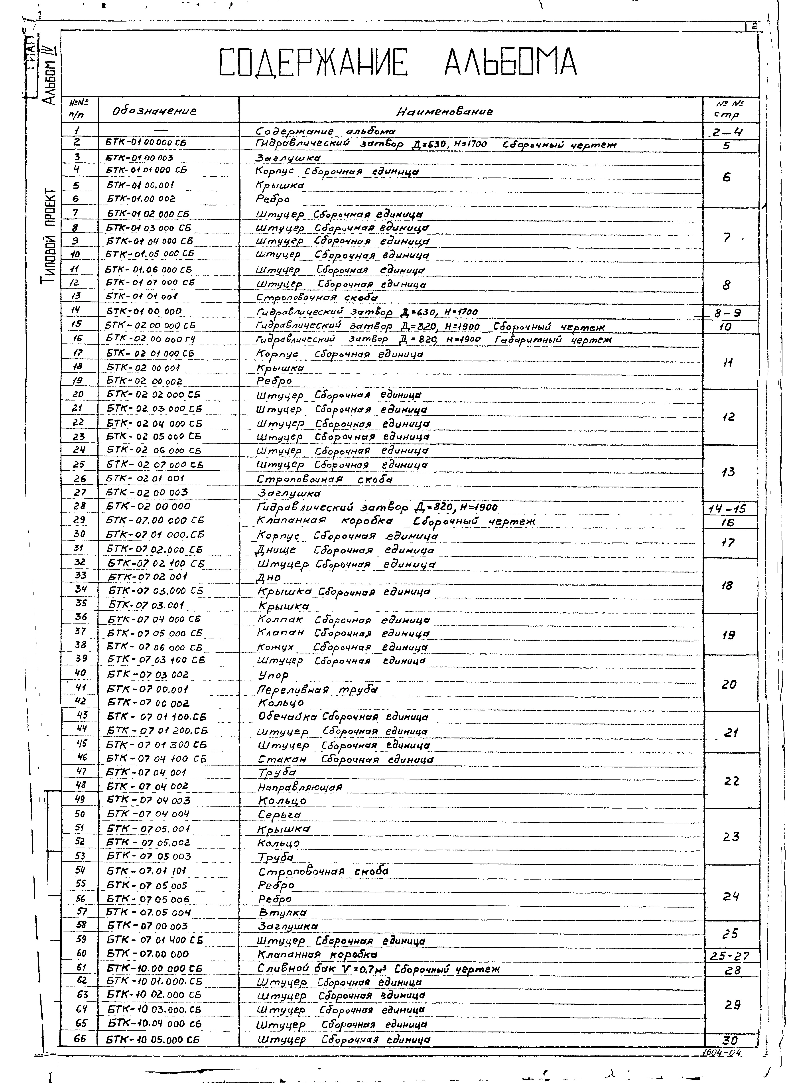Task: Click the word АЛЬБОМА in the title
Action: point(510,63)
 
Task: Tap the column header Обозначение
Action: point(154,111)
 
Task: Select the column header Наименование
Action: point(445,112)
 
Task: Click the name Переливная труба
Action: point(317,689)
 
